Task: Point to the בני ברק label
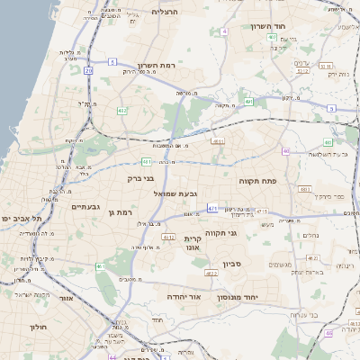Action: [x=144, y=178]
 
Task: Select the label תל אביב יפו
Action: [x=18, y=219]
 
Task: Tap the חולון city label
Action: [x=38, y=327]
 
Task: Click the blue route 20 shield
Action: [x=88, y=69]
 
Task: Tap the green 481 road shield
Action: [x=146, y=162]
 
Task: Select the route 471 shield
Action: [x=213, y=208]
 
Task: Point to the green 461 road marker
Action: [x=100, y=267]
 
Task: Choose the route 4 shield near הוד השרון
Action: [x=223, y=31]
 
